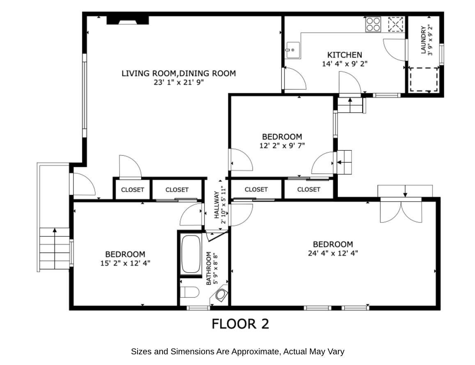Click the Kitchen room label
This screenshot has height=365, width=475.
coord(344,55)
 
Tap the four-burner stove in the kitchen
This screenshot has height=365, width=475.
coord(373,24)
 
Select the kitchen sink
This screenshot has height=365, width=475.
coord(292,50)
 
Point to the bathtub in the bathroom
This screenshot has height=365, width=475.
coord(190,254)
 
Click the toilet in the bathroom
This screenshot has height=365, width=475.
coord(190,292)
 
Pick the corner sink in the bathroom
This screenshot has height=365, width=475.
coord(221,294)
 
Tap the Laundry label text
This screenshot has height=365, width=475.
coord(423,40)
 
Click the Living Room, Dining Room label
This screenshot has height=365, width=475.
coord(179,73)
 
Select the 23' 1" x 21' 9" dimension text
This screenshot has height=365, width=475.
coord(179,82)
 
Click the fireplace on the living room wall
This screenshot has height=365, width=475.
coord(127,20)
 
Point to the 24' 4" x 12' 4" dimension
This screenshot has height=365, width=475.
coord(333,253)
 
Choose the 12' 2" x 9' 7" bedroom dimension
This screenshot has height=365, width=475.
coord(282,145)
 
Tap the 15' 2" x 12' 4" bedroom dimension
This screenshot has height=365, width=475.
coord(125,263)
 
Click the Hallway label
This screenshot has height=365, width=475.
coord(216,205)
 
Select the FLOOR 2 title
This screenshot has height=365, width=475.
coord(240,324)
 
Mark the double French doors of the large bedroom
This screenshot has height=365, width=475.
coord(401,210)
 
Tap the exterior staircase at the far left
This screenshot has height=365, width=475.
coord(54,249)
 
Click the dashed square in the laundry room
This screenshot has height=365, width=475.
coord(424,80)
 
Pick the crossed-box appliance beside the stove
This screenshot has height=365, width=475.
coord(396,24)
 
